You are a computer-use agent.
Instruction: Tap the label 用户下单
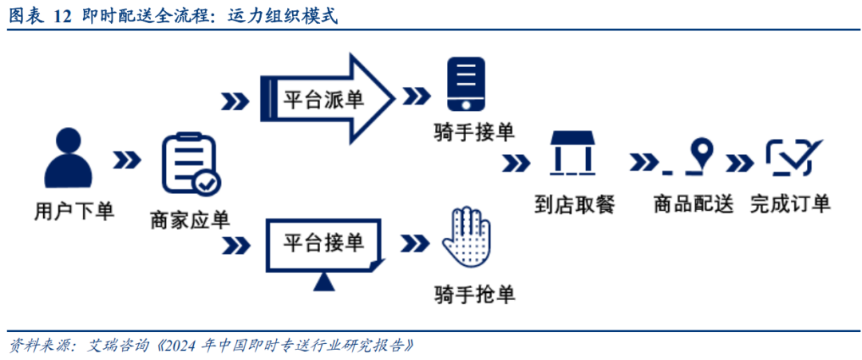tap(74, 211)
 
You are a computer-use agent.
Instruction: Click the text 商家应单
tap(190, 220)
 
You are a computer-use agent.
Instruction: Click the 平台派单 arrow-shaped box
tap(327, 98)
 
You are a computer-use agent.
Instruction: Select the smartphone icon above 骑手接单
tap(465, 85)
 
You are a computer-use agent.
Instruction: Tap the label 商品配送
tap(694, 204)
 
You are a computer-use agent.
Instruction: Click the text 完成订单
tap(790, 204)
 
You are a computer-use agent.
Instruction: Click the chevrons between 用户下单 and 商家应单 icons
tap(127, 160)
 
